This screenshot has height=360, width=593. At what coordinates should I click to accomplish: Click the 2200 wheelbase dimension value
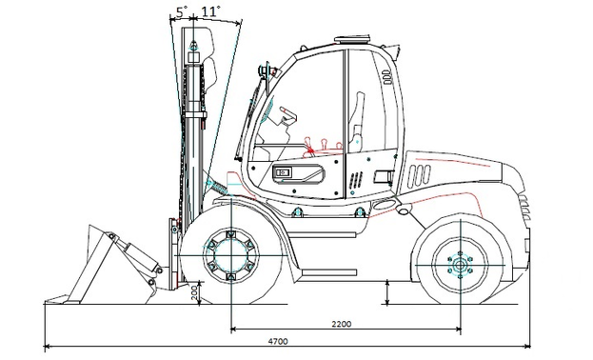341,324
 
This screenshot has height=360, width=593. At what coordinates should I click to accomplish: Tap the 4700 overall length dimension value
278,341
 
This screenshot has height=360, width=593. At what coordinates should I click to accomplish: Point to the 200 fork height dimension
195,292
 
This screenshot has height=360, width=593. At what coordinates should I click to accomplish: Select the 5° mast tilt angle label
182,11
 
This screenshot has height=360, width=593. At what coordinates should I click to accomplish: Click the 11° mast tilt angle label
209,11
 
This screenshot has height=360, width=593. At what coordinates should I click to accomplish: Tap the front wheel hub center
231,255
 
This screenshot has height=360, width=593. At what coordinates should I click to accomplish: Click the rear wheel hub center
461,265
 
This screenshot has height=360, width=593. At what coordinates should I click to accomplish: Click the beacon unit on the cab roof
352,39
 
